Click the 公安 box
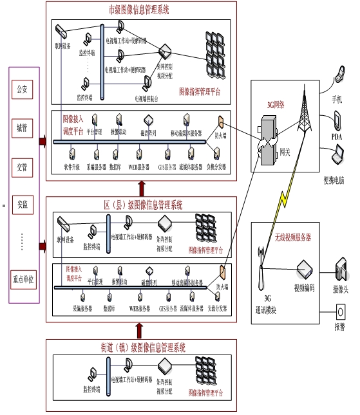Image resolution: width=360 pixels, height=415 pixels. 23,89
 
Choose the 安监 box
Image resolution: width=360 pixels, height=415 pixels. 23,205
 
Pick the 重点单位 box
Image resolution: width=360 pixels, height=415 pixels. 23,281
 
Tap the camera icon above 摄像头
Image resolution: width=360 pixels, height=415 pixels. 339,268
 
